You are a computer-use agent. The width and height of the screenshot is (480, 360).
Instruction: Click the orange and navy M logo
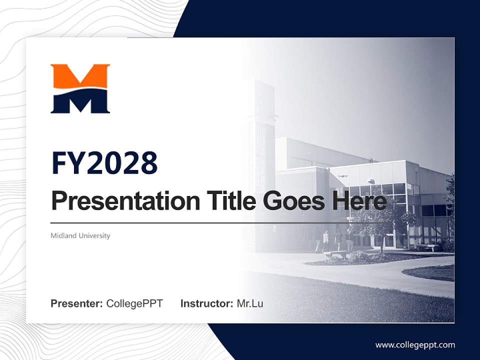point(80,88)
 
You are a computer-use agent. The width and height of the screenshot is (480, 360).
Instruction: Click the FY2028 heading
point(104,163)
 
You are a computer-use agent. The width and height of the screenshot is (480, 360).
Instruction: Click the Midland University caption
point(80,235)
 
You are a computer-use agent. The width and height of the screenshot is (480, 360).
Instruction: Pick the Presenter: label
point(76,303)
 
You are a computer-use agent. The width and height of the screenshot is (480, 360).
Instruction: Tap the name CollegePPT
point(134,303)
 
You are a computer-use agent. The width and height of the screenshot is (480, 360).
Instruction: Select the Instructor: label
point(206,303)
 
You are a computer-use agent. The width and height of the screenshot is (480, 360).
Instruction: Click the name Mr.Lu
point(249,303)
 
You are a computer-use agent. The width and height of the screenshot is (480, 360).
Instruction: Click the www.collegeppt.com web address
point(415,345)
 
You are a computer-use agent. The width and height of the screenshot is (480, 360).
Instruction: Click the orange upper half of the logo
point(80,75)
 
